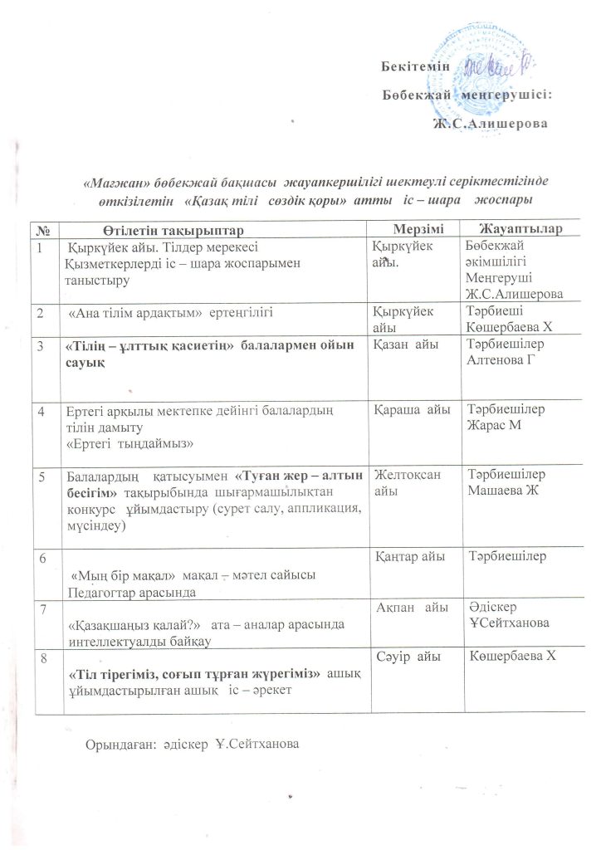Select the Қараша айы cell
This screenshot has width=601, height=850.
pos(412,408)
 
